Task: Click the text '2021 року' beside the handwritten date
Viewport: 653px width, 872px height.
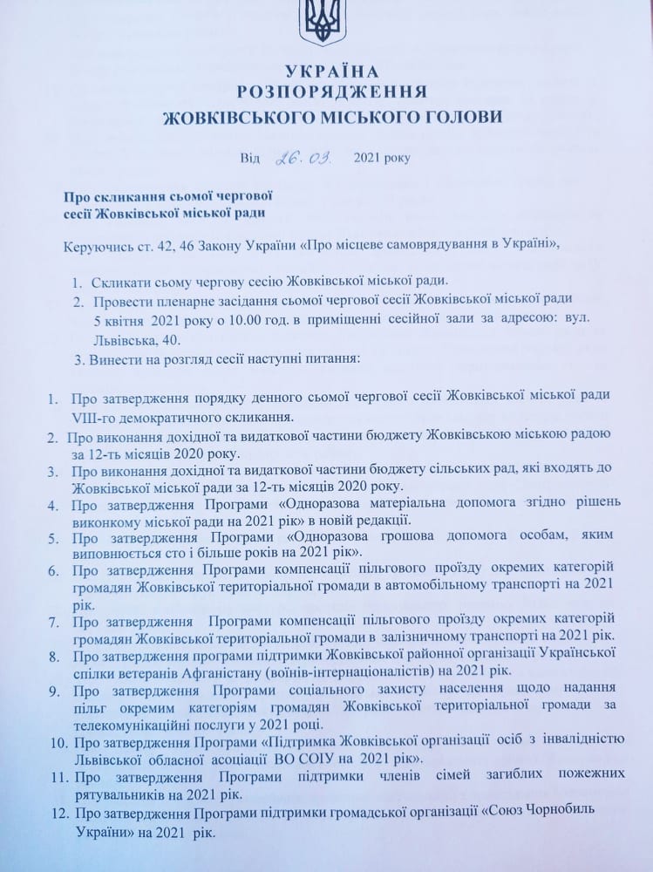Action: (381, 159)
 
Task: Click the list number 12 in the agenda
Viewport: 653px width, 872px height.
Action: (58, 812)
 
